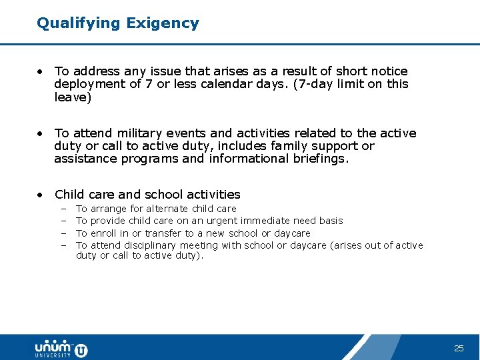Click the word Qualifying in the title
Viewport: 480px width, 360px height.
pyautogui.click(x=78, y=23)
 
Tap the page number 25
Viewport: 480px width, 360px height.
pyautogui.click(x=459, y=349)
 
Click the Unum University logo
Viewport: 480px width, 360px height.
pyautogui.click(x=61, y=348)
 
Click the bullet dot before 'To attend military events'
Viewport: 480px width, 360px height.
pyautogui.click(x=41, y=133)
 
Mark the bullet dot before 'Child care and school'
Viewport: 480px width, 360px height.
pyautogui.click(x=41, y=195)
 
